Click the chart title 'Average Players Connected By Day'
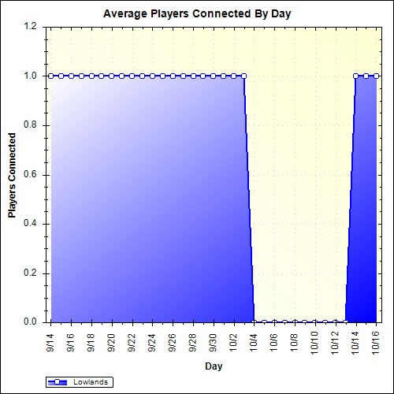pos(197,15)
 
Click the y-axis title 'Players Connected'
pos(13,175)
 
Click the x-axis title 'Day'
pos(213,366)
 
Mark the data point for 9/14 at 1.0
pos(51,76)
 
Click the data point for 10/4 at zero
pos(254,322)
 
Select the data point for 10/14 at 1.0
pos(355,76)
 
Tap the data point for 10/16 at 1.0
pos(375,76)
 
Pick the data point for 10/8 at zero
pos(295,322)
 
